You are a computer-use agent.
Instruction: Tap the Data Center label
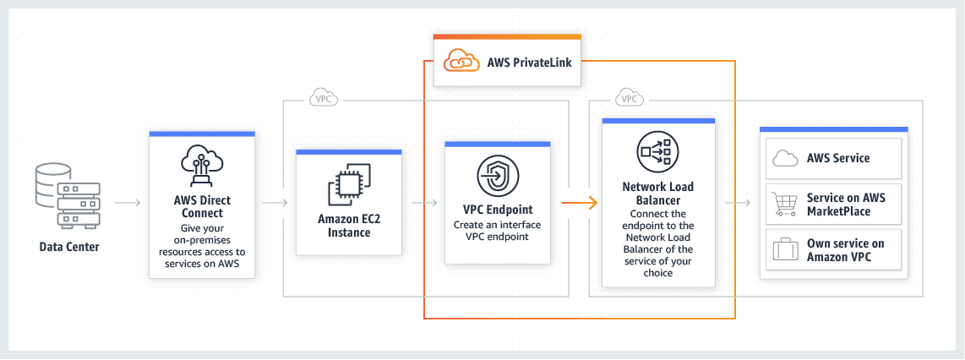[x=69, y=248]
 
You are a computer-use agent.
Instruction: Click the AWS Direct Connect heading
[x=202, y=207]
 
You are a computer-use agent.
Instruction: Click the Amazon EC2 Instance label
[x=350, y=226]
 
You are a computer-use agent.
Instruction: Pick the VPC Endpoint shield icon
[x=497, y=176]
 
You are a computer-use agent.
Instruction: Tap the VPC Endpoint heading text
[x=498, y=209]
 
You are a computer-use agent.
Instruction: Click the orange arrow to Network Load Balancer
[x=581, y=203]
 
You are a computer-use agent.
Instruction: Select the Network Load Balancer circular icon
[x=658, y=152]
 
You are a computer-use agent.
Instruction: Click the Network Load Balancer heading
[x=658, y=194]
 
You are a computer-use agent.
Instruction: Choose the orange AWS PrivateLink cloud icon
[x=460, y=62]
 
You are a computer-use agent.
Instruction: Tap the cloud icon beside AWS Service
[x=786, y=158]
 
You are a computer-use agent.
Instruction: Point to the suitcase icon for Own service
[x=786, y=250]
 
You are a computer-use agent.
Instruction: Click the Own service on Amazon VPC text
[x=845, y=250]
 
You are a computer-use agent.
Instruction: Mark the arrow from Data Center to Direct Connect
[x=128, y=203]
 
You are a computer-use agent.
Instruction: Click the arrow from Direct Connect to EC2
[x=275, y=203]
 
